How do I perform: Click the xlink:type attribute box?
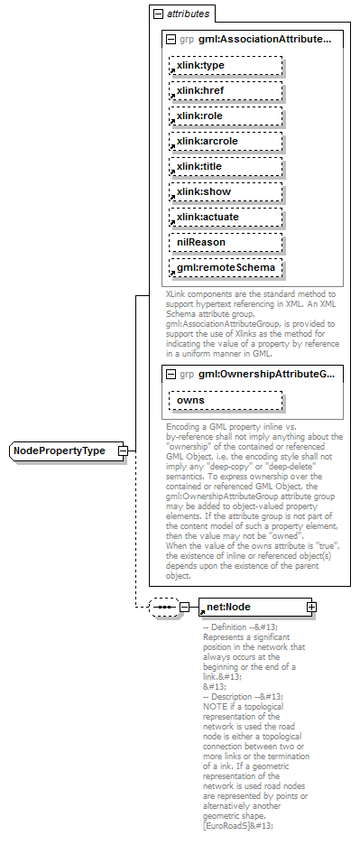coord(225,66)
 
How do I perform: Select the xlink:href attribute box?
coord(225,91)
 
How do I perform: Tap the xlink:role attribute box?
coord(225,116)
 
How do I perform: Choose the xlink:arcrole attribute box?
coord(225,142)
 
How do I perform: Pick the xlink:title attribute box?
coord(225,167)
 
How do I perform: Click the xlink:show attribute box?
coord(225,192)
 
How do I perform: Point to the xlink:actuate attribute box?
coord(225,218)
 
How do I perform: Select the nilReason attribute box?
coord(225,243)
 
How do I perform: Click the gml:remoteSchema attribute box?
coord(225,268)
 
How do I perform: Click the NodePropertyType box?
coord(66,450)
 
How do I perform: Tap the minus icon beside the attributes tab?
coord(159,14)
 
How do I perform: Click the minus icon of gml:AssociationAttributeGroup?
coord(171,40)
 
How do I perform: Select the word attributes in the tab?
coord(188,14)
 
